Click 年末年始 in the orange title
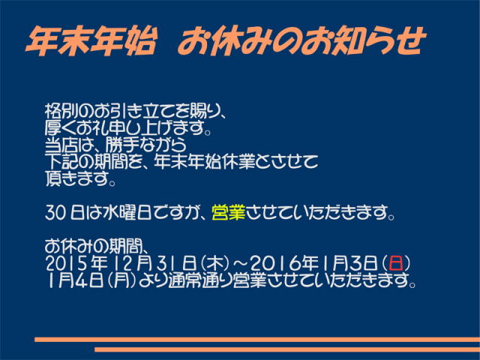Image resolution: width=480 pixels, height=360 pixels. pyautogui.click(x=91, y=41)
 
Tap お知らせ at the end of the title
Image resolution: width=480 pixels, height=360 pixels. pyautogui.click(x=364, y=41)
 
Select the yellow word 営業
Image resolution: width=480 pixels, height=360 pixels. pyautogui.click(x=228, y=212)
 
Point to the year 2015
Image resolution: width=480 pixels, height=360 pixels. pyautogui.click(x=64, y=263)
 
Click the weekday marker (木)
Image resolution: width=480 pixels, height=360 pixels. pyautogui.click(x=216, y=263)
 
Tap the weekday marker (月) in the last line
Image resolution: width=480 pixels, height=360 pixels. pyautogui.click(x=121, y=280)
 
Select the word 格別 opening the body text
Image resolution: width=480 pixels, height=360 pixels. pyautogui.click(x=61, y=111)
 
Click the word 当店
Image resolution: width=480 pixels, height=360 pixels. pyautogui.click(x=61, y=144)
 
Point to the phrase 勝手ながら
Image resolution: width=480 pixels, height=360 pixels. pyautogui.click(x=145, y=144)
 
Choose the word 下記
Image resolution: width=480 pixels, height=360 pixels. pyautogui.click(x=61, y=161)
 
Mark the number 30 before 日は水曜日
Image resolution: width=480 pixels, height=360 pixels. pyautogui.click(x=55, y=213)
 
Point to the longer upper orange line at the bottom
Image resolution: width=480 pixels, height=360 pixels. pyautogui.click(x=257, y=340)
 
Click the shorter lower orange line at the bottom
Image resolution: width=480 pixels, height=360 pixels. pyautogui.click(x=287, y=349)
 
